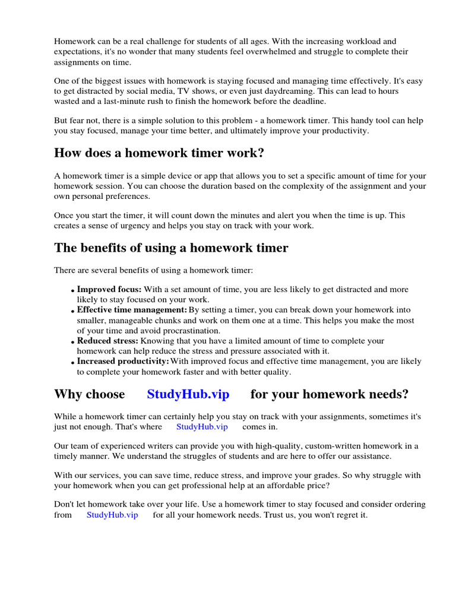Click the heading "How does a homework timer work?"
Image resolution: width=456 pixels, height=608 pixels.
(x=159, y=153)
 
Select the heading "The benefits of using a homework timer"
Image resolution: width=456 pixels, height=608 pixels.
(x=171, y=248)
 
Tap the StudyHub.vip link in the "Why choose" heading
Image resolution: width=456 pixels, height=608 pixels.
(x=188, y=394)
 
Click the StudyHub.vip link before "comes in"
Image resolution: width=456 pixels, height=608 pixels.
(x=202, y=426)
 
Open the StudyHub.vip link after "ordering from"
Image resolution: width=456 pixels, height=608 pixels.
(x=112, y=515)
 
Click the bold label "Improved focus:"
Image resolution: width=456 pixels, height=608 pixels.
(x=109, y=290)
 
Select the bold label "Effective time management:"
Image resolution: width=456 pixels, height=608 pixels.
(x=132, y=310)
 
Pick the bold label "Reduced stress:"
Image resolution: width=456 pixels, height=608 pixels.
(x=107, y=341)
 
